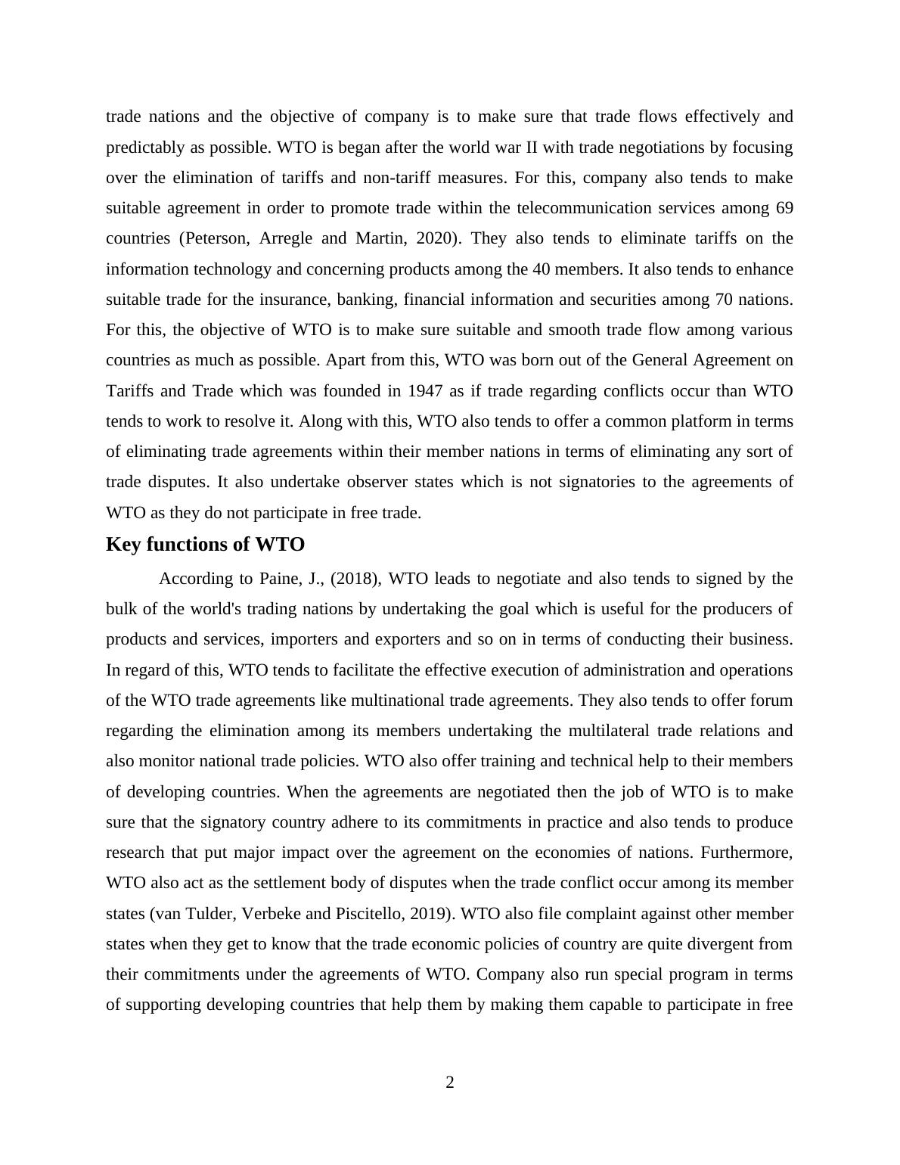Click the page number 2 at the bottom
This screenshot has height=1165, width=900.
tap(450, 1083)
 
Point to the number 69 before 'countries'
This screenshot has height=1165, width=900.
tap(784, 208)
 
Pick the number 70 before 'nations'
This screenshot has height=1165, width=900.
tap(723, 300)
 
